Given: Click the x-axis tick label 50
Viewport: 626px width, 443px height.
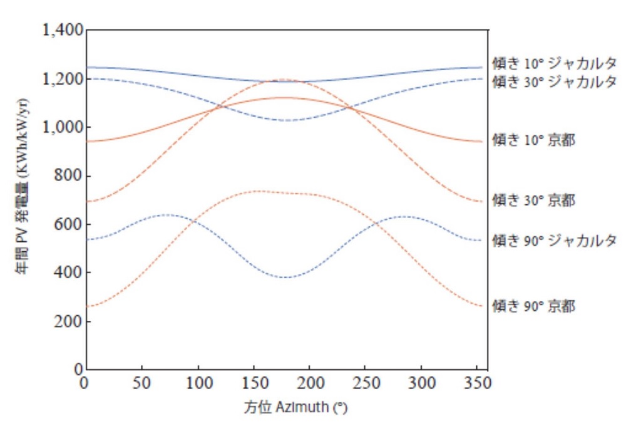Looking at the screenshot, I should tap(142, 382).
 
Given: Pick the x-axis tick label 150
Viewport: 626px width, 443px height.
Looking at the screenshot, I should tap(254, 382).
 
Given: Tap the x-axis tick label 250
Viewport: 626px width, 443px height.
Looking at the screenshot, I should tap(365, 382).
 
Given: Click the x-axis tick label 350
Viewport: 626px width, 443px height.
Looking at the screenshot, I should tap(476, 382).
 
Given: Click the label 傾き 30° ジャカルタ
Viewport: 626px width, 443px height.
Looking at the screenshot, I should tap(555, 81).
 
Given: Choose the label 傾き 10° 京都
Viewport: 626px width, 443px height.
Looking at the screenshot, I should tap(533, 140).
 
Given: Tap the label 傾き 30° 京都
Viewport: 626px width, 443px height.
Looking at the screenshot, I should tap(533, 201).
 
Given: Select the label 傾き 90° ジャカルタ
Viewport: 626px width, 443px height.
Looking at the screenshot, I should tap(555, 240).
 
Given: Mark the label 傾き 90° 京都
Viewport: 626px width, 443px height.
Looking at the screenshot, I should tap(533, 306).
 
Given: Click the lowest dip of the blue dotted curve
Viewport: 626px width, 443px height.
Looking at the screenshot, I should tap(286, 277).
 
